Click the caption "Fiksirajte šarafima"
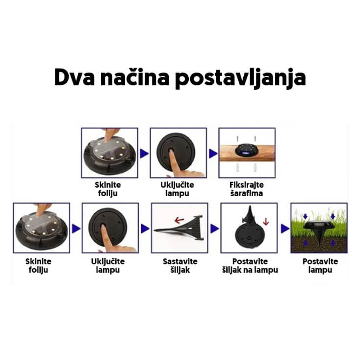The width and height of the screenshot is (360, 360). (x=247, y=189)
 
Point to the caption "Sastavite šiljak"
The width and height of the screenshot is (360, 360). (x=179, y=265)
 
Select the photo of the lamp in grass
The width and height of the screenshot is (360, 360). (x=319, y=227)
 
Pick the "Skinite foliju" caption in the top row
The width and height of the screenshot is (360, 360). (x=108, y=189)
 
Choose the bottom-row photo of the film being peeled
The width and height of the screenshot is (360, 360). (x=41, y=227)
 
